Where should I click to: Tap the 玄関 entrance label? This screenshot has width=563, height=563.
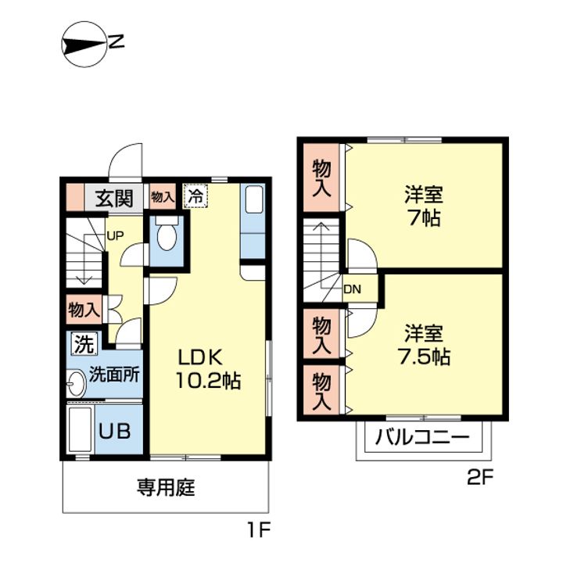[114, 198]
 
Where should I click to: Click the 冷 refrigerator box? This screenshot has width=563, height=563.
[196, 196]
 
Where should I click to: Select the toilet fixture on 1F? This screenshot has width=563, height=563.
[167, 232]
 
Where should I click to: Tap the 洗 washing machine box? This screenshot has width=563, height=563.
[84, 343]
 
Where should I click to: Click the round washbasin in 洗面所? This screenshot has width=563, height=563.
[76, 383]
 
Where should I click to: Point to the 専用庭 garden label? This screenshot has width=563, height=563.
[166, 489]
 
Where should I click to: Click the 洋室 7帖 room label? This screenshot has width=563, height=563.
[422, 205]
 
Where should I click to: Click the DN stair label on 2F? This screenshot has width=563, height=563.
[352, 289]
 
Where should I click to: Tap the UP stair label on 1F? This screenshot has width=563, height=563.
[114, 234]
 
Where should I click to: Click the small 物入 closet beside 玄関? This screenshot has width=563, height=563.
[163, 197]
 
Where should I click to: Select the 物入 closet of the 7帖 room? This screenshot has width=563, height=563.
[321, 178]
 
